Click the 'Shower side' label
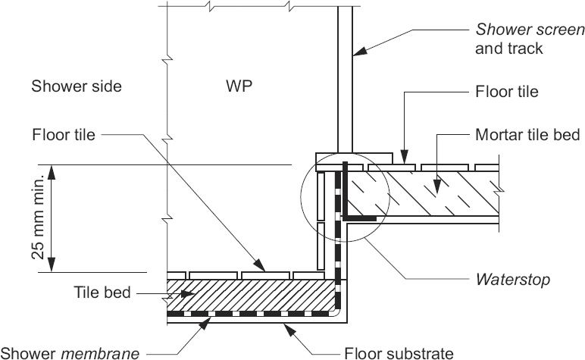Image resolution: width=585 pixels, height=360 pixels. click(76, 86)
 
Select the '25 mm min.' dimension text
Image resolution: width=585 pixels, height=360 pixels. click(38, 218)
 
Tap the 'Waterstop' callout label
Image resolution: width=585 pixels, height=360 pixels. click(512, 280)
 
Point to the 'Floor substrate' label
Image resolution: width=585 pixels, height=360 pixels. click(399, 352)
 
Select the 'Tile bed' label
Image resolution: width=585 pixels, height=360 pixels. click(102, 292)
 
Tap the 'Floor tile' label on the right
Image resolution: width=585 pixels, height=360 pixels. click(506, 92)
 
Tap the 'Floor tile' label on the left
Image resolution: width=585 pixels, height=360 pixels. click(64, 136)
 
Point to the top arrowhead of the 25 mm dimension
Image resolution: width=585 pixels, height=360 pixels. click(52, 172)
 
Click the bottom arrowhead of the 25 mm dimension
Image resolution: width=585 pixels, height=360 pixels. click(52, 265)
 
